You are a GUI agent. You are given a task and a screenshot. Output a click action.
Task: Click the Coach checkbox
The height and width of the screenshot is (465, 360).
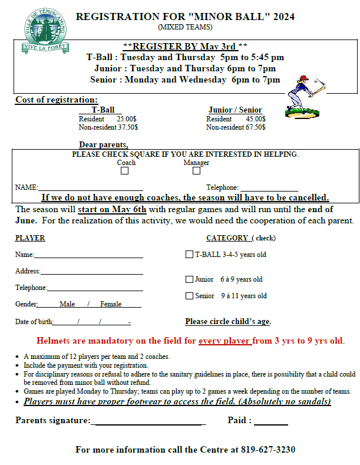click(124, 171)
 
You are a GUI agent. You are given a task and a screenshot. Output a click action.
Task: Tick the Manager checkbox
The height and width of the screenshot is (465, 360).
click(197, 171)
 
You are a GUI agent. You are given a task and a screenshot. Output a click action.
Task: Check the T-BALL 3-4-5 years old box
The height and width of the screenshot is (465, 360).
click(189, 255)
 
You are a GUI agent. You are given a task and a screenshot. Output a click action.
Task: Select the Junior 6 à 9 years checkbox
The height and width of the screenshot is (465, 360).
click(189, 279)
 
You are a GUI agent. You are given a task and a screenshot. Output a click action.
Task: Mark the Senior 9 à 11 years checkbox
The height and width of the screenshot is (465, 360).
click(189, 296)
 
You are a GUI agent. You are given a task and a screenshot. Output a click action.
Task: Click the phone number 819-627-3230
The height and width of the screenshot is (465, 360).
click(267, 449)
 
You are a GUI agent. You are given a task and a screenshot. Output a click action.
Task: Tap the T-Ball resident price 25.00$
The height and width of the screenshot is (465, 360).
click(126, 118)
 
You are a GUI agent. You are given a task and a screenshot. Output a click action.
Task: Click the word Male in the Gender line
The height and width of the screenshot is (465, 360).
click(67, 304)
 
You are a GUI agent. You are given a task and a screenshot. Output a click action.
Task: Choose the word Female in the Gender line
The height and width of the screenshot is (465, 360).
click(111, 304)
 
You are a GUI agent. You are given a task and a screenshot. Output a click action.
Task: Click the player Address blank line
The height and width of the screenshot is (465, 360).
click(91, 272)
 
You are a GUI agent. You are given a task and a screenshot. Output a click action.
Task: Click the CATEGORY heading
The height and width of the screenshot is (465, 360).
click(227, 238)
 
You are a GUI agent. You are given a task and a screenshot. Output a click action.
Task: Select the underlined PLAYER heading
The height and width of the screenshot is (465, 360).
click(30, 238)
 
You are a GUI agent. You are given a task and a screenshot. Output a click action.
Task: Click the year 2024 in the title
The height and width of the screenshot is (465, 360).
click(280, 16)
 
